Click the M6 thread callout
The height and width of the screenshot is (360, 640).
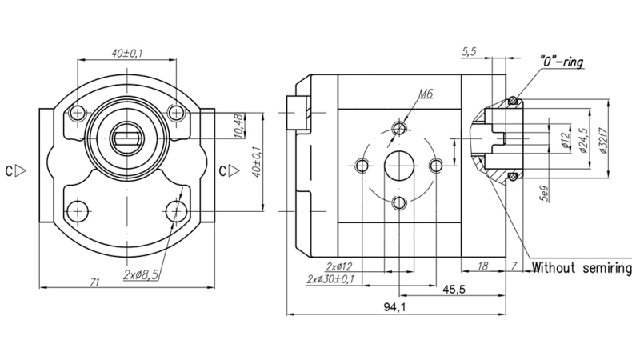[425, 94]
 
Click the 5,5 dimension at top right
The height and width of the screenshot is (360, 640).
[470, 53]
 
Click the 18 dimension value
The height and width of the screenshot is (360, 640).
[482, 266]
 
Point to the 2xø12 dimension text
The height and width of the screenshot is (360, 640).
[340, 266]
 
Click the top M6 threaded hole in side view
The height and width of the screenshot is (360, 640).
[399, 129]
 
